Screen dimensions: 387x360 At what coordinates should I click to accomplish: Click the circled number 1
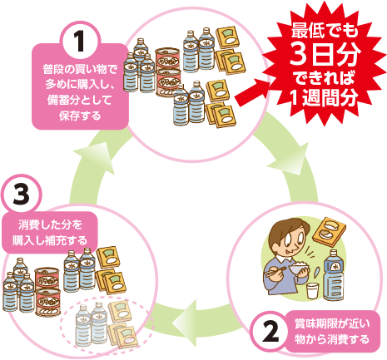(80, 41)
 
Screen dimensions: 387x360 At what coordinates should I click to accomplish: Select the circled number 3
(21, 194)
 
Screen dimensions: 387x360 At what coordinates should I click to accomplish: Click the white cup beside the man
(312, 291)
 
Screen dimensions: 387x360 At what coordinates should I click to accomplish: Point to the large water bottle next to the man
(334, 275)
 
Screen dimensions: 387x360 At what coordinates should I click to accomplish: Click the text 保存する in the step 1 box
(80, 116)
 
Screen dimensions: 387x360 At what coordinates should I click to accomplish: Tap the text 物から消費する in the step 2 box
(332, 339)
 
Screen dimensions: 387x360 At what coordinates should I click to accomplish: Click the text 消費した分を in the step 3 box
(50, 224)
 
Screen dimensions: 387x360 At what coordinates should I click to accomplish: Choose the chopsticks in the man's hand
(275, 271)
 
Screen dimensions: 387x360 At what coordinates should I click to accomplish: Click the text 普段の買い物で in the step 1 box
(80, 69)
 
